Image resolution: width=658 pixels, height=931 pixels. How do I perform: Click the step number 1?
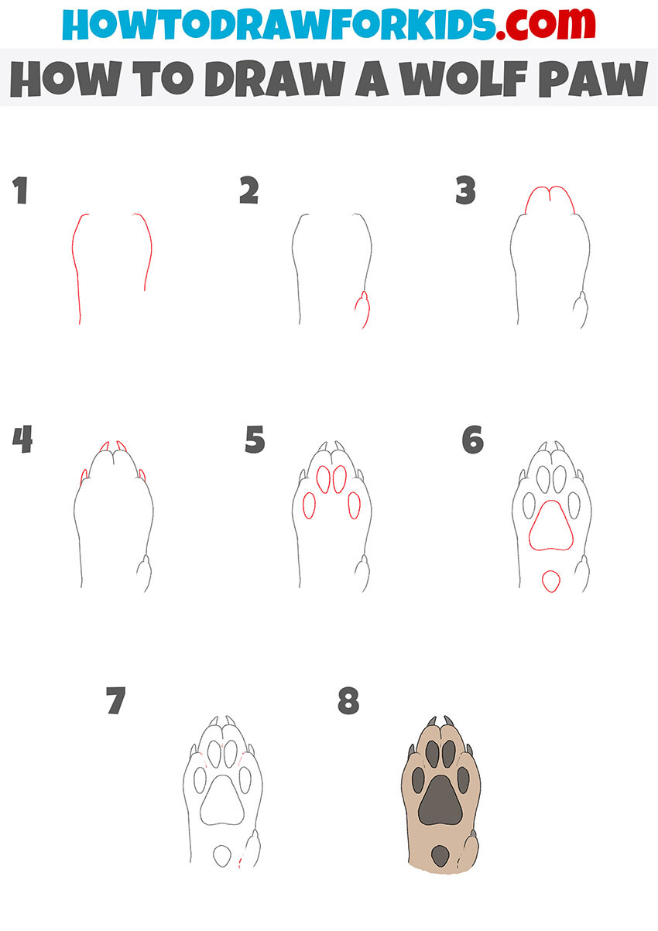coord(20,190)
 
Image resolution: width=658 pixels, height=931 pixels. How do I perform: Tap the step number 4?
coord(22,440)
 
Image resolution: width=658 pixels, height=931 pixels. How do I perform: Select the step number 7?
coord(115,701)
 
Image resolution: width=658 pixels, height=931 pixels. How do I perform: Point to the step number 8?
coord(348,701)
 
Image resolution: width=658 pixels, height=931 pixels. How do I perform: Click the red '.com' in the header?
coord(541,26)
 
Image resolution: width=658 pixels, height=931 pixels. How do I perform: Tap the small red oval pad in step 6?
coord(550,580)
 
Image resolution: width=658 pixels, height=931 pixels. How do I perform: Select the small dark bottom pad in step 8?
coord(440,855)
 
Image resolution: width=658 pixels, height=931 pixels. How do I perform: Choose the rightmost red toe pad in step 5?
coord(355,505)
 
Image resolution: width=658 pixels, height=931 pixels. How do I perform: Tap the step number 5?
coord(255,440)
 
